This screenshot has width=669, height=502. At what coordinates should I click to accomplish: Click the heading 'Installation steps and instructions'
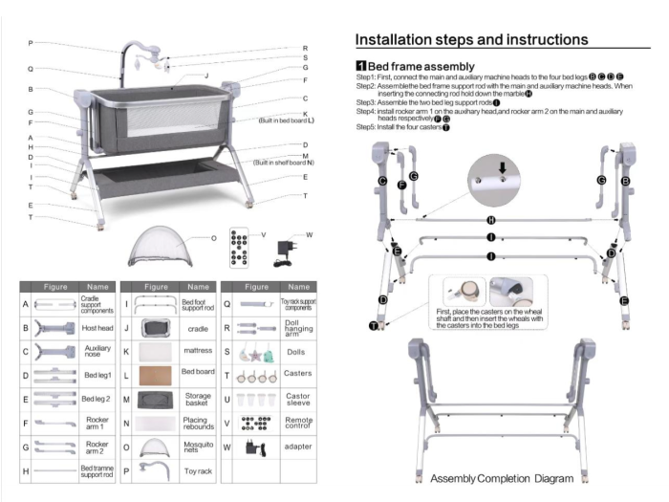[471, 39]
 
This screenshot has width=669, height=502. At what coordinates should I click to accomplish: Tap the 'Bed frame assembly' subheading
[421, 66]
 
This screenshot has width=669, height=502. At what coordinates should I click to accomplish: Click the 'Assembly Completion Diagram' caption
[502, 478]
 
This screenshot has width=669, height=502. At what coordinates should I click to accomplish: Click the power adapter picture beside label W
[285, 250]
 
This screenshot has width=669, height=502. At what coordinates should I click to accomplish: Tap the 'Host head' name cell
[97, 328]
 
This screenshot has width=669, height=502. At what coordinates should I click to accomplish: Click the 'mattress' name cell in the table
[198, 350]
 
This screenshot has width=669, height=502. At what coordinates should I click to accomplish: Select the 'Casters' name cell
[298, 374]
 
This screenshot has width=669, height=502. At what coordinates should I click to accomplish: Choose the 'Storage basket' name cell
[198, 398]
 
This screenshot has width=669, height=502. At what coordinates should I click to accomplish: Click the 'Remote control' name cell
[298, 422]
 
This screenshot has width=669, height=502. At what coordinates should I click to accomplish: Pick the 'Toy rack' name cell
[198, 471]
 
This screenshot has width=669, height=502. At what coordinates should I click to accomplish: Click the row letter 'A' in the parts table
[26, 304]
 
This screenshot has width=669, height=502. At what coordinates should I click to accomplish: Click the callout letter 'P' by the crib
[31, 43]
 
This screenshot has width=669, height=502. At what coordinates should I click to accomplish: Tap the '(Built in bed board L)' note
[286, 121]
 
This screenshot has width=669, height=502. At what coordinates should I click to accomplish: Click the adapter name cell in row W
[298, 447]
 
